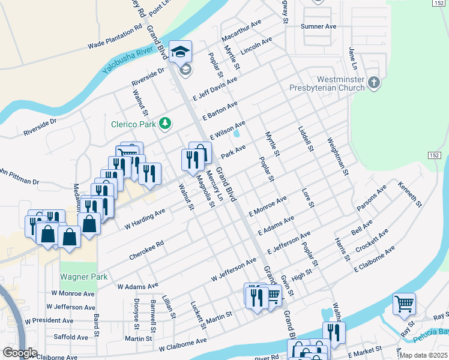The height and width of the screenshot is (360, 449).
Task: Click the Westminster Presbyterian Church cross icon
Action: click(374, 82)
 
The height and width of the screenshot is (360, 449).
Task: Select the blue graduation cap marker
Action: click(179, 52)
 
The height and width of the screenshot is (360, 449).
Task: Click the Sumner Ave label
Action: click(318, 26)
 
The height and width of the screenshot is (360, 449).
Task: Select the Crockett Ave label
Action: click(372, 240)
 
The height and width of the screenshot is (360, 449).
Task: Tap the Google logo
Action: click(20, 353)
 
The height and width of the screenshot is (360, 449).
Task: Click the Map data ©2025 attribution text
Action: click(423, 355)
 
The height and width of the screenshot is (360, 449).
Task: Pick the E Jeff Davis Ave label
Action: click(215, 88)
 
